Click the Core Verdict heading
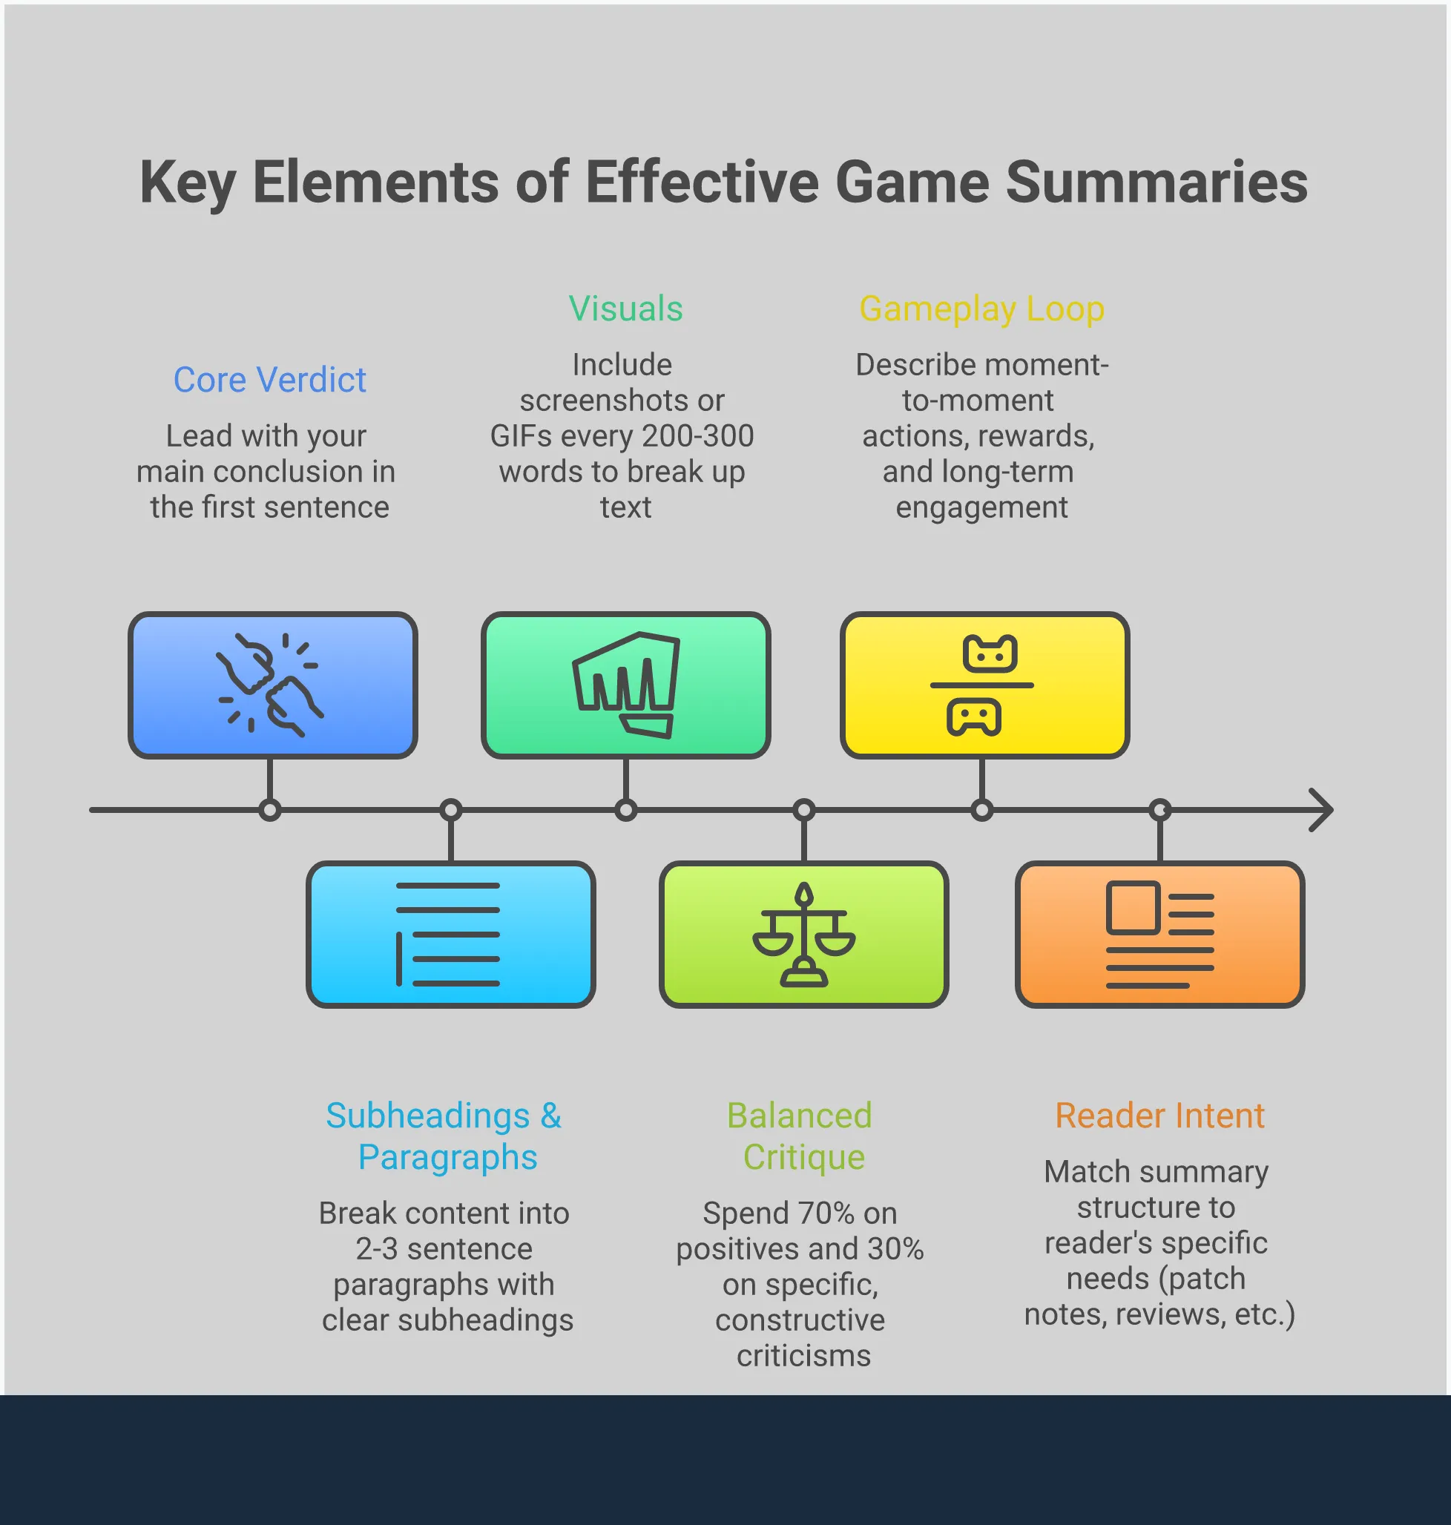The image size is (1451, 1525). [269, 380]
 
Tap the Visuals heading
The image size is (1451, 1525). [625, 309]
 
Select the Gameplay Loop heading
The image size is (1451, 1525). [981, 309]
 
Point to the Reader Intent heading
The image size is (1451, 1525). [1159, 1115]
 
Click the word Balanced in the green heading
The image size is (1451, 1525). [799, 1115]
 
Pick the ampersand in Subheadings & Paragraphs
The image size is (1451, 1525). [550, 1115]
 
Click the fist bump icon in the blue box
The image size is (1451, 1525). [269, 685]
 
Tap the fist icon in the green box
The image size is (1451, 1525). [625, 685]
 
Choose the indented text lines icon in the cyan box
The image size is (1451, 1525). [449, 934]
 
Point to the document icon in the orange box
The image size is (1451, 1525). [1159, 934]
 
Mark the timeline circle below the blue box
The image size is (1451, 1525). [269, 810]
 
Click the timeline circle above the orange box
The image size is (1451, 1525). [1159, 810]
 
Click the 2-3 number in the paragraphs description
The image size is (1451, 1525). [376, 1249]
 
